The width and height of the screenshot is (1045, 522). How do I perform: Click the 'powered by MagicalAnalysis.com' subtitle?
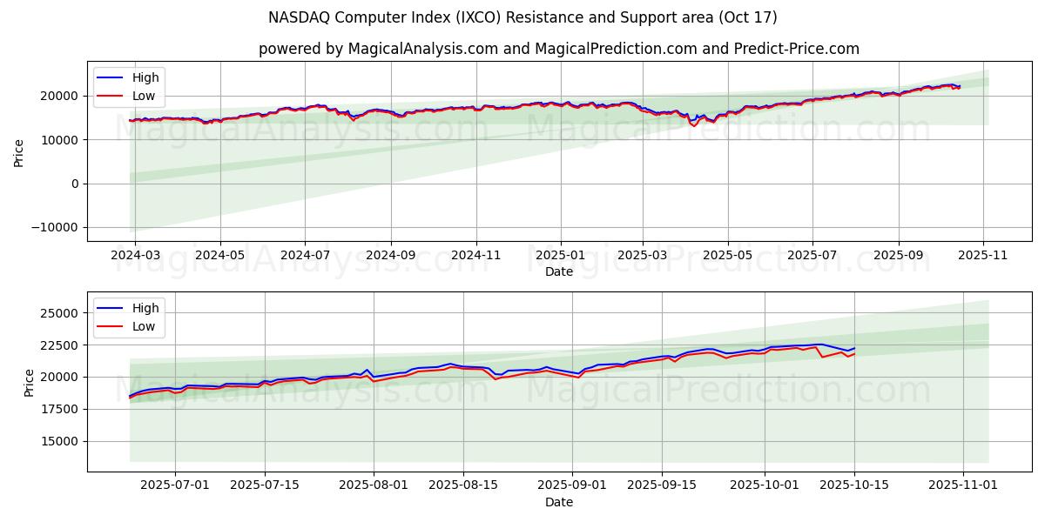click(x=558, y=49)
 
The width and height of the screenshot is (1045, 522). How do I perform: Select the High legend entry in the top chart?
click(x=145, y=77)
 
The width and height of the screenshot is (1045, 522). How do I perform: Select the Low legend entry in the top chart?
click(x=144, y=96)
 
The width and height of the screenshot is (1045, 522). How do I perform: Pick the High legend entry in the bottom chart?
click(x=145, y=308)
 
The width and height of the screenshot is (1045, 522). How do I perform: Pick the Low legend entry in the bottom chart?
click(x=144, y=326)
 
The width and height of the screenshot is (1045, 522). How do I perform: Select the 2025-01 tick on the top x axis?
click(x=560, y=256)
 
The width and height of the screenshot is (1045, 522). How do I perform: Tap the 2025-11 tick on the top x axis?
click(x=983, y=256)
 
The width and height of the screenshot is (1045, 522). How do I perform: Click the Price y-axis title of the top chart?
click(x=18, y=153)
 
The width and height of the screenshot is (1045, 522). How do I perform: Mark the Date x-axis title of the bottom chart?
click(x=558, y=502)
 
